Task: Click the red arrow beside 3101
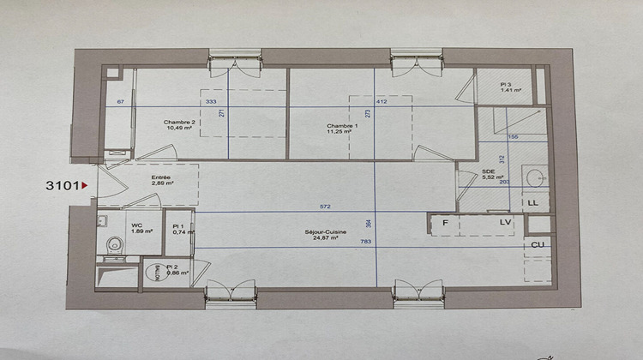pyautogui.click(x=84, y=184)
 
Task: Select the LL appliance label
pyautogui.click(x=532, y=202)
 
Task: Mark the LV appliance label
pyautogui.click(x=506, y=224)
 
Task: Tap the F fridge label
pyautogui.click(x=445, y=224)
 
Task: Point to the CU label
pyautogui.click(x=539, y=244)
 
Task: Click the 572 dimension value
pyautogui.click(x=324, y=207)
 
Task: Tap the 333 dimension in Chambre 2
pyautogui.click(x=211, y=102)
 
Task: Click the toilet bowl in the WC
pyautogui.click(x=111, y=246)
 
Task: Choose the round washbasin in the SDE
pyautogui.click(x=536, y=178)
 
